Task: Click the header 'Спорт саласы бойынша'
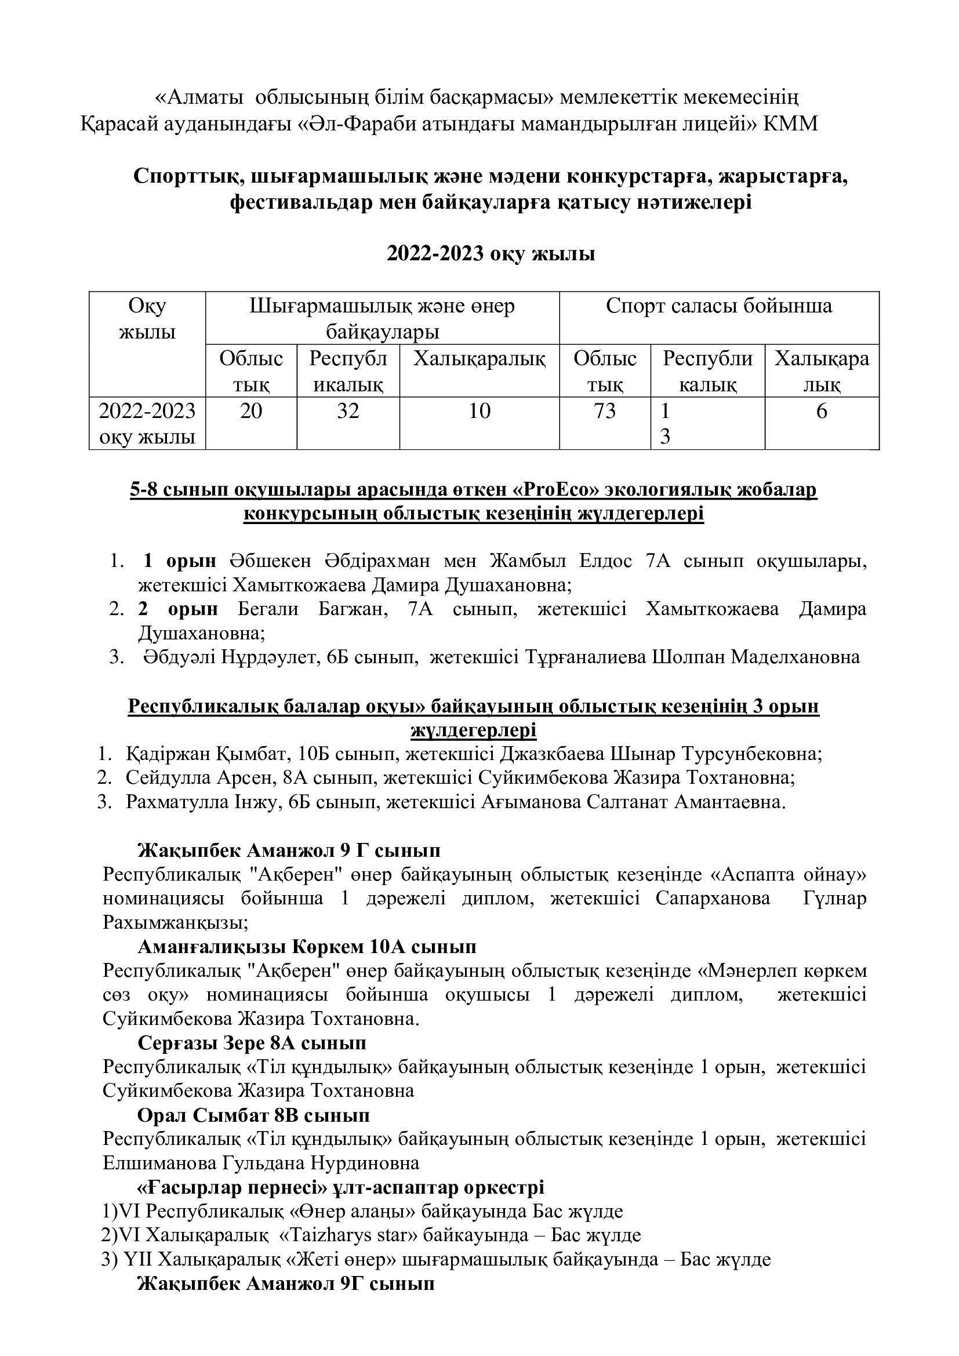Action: pos(718,306)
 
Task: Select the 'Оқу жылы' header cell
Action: pos(147,319)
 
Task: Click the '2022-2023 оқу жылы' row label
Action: pos(147,423)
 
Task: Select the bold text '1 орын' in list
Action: pos(180,561)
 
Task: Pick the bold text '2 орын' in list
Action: pos(179,609)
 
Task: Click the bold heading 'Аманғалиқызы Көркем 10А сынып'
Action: pos(307,947)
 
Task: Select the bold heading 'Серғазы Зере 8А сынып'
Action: pos(252,1043)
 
